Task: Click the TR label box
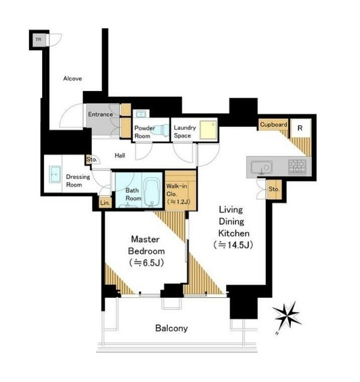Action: [x=39, y=40]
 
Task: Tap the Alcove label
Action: [x=72, y=79]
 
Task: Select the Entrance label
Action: [x=101, y=114]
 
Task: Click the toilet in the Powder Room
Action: [x=160, y=129]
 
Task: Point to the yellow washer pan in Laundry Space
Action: [x=208, y=130]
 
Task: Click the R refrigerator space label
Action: [x=300, y=128]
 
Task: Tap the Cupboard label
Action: [x=273, y=124]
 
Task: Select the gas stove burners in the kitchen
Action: [x=297, y=166]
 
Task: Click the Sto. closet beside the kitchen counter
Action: [x=275, y=189]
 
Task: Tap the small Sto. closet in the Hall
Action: [x=92, y=160]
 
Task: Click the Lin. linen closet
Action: [x=106, y=202]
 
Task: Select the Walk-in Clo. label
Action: [x=178, y=194]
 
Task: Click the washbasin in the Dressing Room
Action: [x=55, y=175]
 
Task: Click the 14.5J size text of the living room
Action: [x=233, y=245]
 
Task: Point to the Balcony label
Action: [x=172, y=329]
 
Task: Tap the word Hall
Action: [x=120, y=155]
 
